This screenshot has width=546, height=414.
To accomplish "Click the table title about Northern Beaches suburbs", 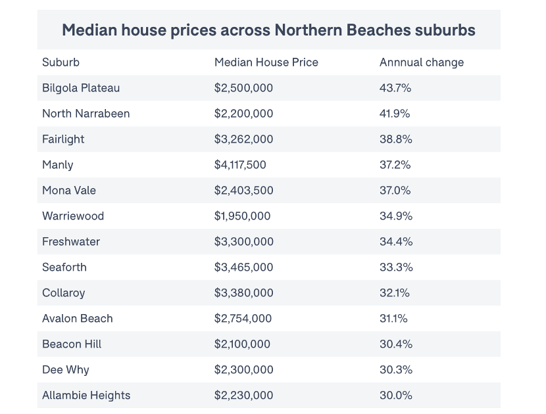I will (x=268, y=30).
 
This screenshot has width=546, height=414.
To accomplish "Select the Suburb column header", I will (x=61, y=62).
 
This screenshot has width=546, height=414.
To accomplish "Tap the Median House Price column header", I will (x=266, y=62).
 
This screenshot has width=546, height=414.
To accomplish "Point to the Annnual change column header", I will (x=421, y=62).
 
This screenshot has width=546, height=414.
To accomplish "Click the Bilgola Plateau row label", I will (x=81, y=88).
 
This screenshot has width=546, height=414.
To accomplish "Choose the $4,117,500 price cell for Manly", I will (x=240, y=165).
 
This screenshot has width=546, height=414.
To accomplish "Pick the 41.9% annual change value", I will (x=395, y=114).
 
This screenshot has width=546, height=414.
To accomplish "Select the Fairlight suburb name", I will (x=63, y=139).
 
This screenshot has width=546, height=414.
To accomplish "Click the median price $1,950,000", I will (x=242, y=216).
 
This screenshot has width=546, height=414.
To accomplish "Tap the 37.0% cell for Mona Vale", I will (x=395, y=191).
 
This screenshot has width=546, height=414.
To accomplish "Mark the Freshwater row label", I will (x=71, y=242).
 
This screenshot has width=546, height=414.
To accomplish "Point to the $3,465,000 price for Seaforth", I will (x=243, y=267).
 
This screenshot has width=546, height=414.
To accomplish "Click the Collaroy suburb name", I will (x=63, y=293).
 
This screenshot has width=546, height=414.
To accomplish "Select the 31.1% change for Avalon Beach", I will (x=393, y=319).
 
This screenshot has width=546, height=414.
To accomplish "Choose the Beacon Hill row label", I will (x=72, y=344).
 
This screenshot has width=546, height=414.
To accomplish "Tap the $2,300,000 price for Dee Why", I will (x=243, y=370).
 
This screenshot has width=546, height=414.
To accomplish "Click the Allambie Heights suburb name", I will (x=86, y=396).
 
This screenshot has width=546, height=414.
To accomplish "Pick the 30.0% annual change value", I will (x=395, y=396).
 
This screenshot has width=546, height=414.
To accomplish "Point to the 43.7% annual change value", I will (x=395, y=88).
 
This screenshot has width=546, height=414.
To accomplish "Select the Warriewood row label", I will (x=73, y=216).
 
